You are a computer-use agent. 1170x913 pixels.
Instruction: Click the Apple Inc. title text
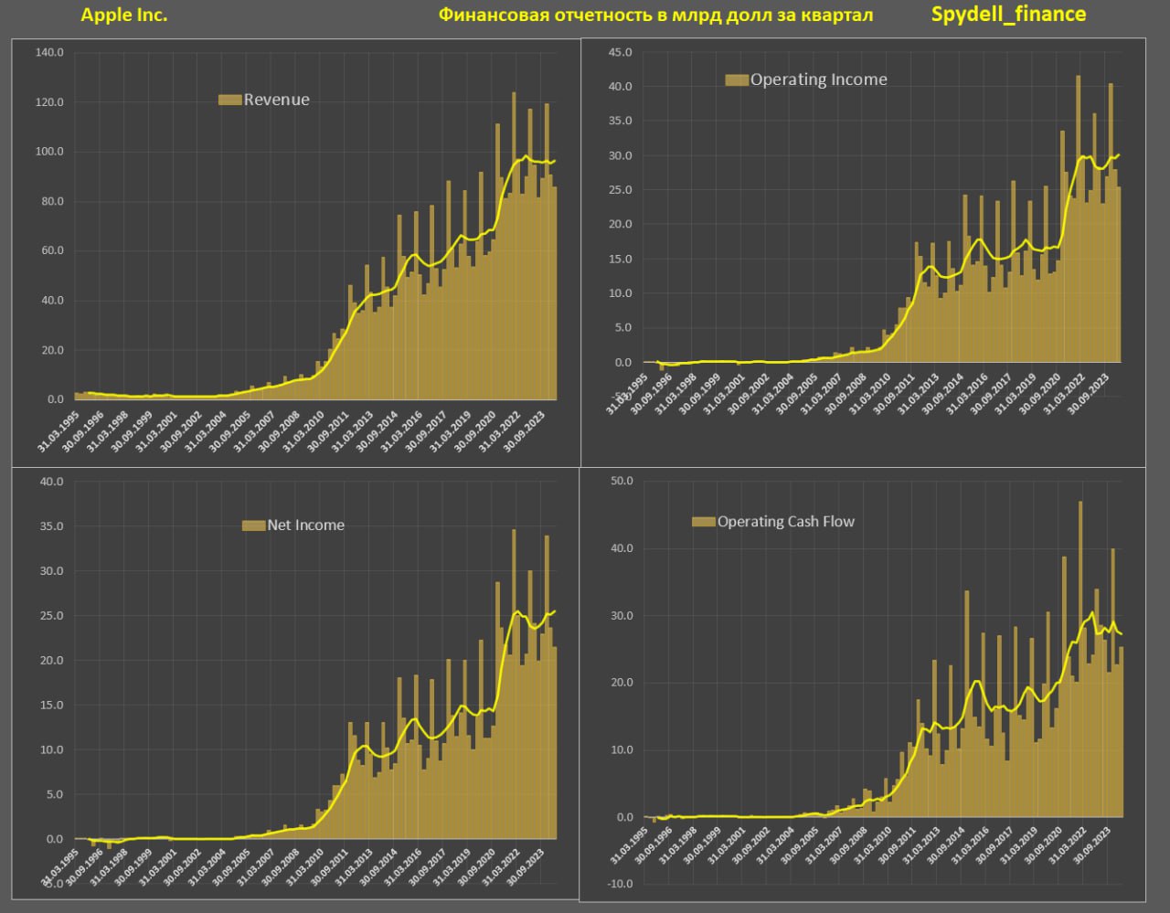click(x=124, y=15)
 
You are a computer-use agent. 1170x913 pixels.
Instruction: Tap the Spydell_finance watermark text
click(x=1008, y=14)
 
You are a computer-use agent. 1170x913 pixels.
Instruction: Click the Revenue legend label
click(x=276, y=100)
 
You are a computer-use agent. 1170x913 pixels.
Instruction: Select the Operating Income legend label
click(x=818, y=80)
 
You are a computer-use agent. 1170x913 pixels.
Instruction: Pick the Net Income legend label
click(x=305, y=525)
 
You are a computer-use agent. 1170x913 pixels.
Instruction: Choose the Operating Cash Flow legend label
click(x=785, y=522)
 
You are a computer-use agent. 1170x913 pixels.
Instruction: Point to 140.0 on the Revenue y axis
click(x=49, y=52)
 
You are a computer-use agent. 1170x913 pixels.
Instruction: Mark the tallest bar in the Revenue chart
click(x=514, y=247)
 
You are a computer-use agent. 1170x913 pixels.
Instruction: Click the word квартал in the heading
click(x=836, y=15)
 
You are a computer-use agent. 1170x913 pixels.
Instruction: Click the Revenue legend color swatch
click(x=229, y=100)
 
